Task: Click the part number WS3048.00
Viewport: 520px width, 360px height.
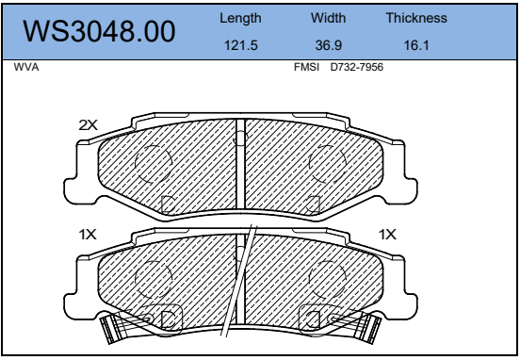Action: point(99,31)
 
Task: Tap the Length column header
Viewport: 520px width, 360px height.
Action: point(240,19)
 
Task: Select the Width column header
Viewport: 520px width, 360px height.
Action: point(328,18)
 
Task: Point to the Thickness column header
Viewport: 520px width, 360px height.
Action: point(416,18)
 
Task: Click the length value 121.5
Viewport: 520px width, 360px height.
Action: point(241,45)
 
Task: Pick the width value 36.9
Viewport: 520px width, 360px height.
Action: point(329,45)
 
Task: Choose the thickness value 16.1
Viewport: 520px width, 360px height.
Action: point(416,45)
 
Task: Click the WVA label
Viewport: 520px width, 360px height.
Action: point(26,67)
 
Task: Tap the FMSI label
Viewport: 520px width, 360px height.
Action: point(306,67)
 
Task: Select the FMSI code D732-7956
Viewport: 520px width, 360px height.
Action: point(356,67)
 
